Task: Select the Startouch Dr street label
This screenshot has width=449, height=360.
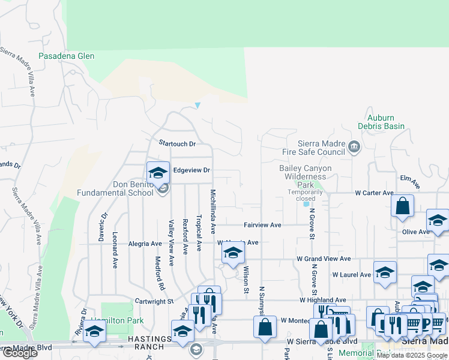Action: pos(177,144)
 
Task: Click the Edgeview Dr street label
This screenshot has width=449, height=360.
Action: pos(191,170)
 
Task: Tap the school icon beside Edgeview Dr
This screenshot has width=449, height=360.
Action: pos(158,173)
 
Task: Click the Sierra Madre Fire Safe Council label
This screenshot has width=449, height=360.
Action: pos(322,148)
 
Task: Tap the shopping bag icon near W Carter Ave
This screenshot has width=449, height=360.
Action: pos(402,206)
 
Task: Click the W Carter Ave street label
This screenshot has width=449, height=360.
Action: pos(374,193)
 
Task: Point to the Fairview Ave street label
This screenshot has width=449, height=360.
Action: pos(262,225)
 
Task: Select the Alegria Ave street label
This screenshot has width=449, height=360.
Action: pos(145,244)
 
